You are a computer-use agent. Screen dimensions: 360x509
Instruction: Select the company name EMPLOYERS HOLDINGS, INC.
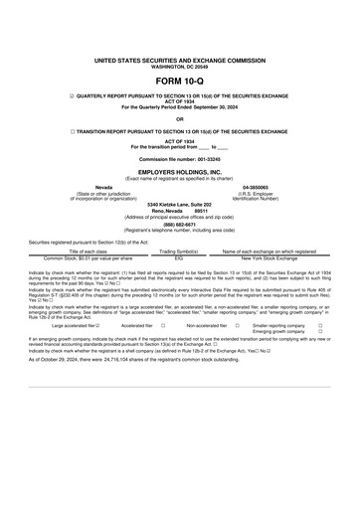pyautogui.click(x=179, y=171)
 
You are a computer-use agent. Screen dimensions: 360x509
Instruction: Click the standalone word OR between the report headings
pyautogui.click(x=179, y=119)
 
